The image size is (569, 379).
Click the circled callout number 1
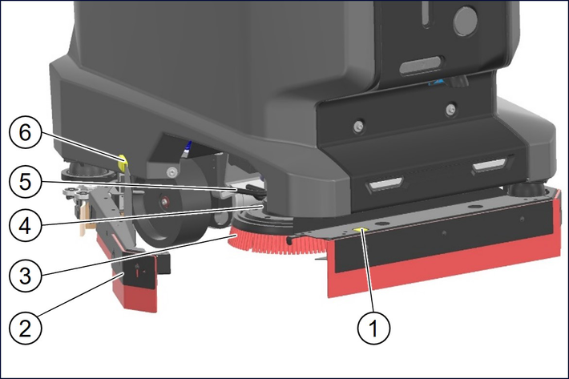(x=373, y=328)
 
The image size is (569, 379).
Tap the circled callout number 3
(x=25, y=276)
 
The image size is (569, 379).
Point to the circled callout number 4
(x=25, y=226)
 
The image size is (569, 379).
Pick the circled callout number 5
(x=25, y=181)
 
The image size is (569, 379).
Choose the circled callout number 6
(x=25, y=132)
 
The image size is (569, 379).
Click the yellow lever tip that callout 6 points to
(x=123, y=162)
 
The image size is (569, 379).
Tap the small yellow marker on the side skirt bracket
(x=361, y=230)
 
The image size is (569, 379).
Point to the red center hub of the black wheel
(x=165, y=200)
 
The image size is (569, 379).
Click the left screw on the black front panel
(x=358, y=126)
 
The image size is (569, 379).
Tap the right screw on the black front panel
(x=450, y=108)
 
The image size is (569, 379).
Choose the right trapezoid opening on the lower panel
(x=490, y=165)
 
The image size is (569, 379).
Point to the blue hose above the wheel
(x=187, y=149)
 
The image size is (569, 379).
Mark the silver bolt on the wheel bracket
(x=171, y=171)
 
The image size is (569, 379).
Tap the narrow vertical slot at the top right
(x=426, y=14)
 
